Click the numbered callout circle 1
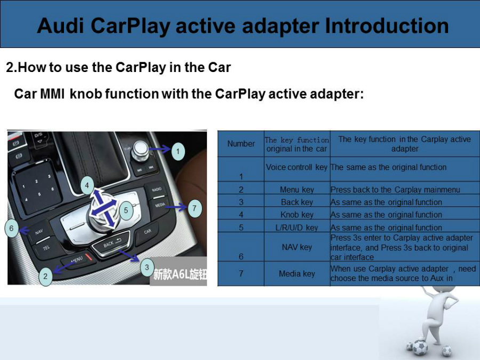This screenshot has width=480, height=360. pos(178,151)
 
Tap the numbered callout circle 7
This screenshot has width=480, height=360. pos(194,209)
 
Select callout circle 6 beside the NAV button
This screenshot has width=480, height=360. pos(11,228)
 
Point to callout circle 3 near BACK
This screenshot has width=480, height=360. pos(147,267)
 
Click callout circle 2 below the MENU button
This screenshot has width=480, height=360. pos(46,276)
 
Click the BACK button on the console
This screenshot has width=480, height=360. pos(111,243)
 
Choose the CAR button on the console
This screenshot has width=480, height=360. pos(148,232)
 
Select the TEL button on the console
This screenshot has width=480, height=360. pos(46,248)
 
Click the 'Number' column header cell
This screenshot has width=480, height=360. pos(241,143)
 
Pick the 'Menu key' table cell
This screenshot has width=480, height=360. pos(297,189)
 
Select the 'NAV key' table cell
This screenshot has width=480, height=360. pos(297,247)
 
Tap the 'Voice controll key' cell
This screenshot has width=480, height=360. pos(297,167)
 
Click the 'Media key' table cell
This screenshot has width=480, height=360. pos(297,274)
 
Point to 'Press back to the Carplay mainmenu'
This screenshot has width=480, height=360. pos(395,190)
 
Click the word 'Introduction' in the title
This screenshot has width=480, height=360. pos(387,26)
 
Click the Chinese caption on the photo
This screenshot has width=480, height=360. pos(180,274)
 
